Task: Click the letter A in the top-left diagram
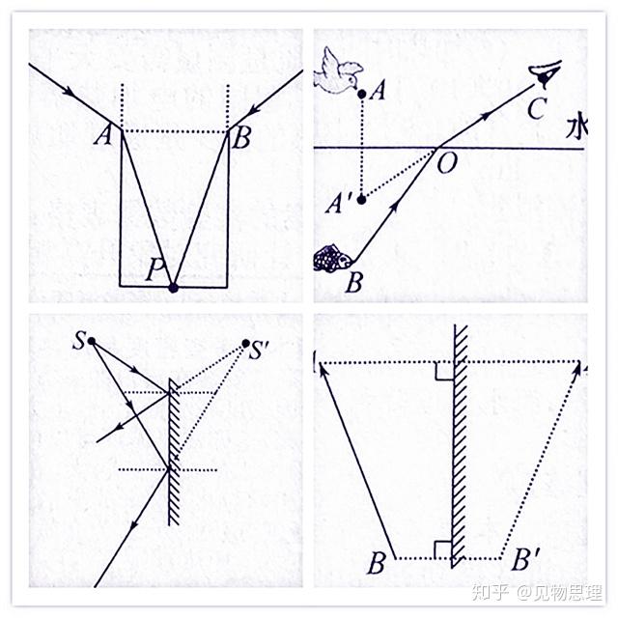coord(100,137)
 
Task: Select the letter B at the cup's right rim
coord(241,138)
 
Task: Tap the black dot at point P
coord(174,287)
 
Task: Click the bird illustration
coord(338,73)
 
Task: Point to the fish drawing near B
coord(331,258)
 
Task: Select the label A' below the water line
coord(339,204)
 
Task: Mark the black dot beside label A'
coord(361,199)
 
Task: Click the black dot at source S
coord(91,341)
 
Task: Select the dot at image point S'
coord(246,343)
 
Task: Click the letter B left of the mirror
coord(376,563)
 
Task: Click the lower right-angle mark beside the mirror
coord(441,550)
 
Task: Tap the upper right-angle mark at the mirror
coord(441,371)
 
